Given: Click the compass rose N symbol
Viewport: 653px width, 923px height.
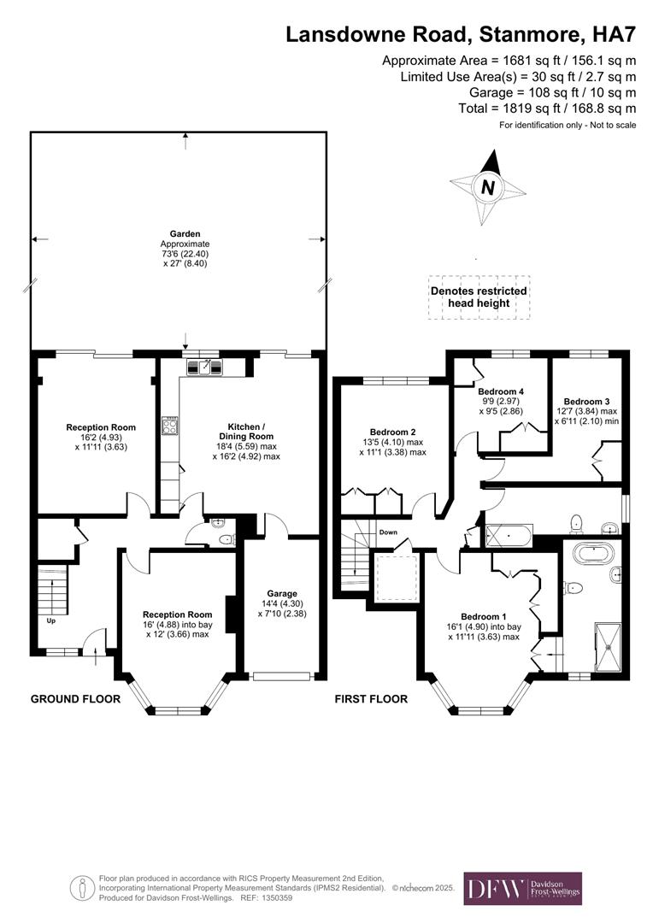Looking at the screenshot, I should (x=487, y=188).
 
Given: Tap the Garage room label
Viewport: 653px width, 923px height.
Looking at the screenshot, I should (x=282, y=593).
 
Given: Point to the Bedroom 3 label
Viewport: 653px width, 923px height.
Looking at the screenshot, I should (x=586, y=401).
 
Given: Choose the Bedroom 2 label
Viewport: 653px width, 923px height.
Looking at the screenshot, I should (x=392, y=432).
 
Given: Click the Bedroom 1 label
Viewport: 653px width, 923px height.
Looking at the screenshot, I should (x=484, y=616).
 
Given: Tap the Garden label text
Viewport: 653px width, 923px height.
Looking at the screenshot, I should (x=185, y=233).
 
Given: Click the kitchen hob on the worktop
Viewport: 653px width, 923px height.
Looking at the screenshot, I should (x=169, y=425).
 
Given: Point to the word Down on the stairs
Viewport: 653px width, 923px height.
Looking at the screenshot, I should (x=389, y=532).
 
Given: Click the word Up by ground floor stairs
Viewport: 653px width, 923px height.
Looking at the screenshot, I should (x=50, y=620).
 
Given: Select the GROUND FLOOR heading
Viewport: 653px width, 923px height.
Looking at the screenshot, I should (x=75, y=699).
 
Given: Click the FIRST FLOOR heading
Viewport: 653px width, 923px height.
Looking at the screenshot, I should (x=370, y=699).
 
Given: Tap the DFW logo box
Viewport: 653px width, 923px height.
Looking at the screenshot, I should (x=522, y=888).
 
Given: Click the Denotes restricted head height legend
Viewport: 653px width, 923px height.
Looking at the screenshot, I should (x=479, y=297).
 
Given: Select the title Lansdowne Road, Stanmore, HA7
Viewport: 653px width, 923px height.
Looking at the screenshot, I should (x=461, y=34).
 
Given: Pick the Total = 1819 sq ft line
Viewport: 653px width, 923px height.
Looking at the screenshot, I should (x=548, y=109).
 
